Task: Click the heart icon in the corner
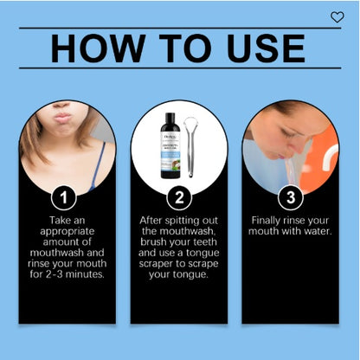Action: (337, 17)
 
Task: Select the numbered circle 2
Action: (178, 197)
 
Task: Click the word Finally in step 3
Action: (267, 221)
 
